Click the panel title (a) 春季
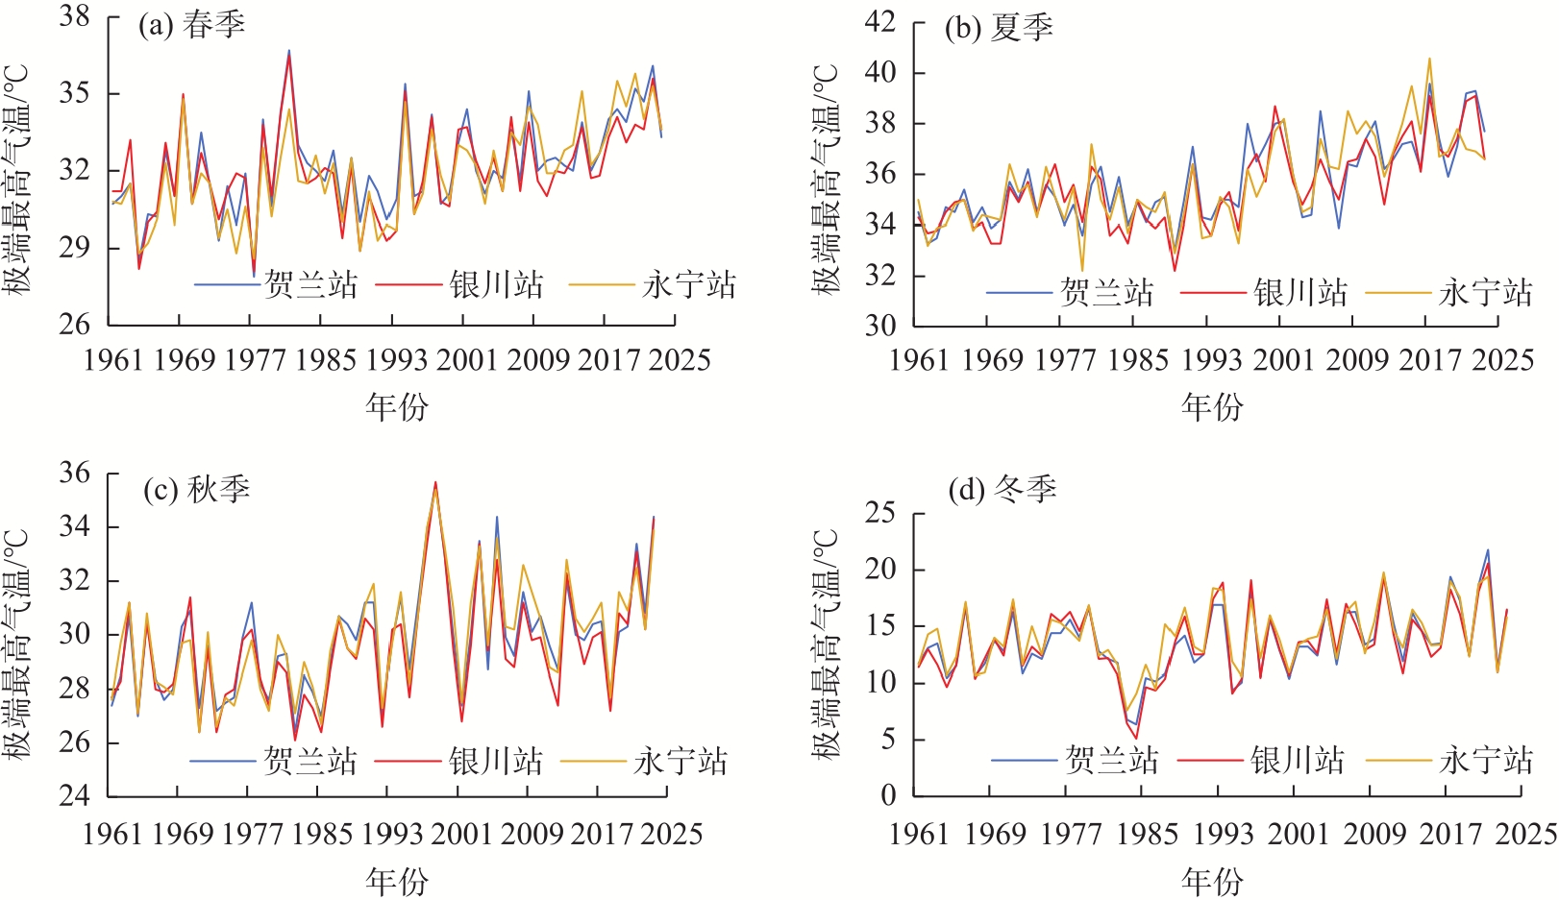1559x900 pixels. point(191,25)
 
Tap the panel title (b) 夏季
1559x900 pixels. point(999,28)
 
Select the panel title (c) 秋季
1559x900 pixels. point(196,490)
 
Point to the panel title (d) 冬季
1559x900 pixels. point(1002,490)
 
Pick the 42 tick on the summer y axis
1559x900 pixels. point(879,21)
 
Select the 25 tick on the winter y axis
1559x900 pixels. point(879,513)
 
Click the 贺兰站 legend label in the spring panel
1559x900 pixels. point(310,284)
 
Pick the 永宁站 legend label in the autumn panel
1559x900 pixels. point(681,762)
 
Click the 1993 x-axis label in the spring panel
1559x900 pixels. point(396,360)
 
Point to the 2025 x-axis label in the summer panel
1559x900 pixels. point(1503,360)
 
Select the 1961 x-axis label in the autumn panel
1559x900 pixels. point(112,834)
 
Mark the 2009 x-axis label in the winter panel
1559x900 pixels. point(1374,834)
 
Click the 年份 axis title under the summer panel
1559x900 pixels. point(1212,407)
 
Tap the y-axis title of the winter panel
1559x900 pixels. point(826,644)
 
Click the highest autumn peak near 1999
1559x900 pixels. point(435,483)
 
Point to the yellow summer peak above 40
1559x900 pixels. point(1429,59)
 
